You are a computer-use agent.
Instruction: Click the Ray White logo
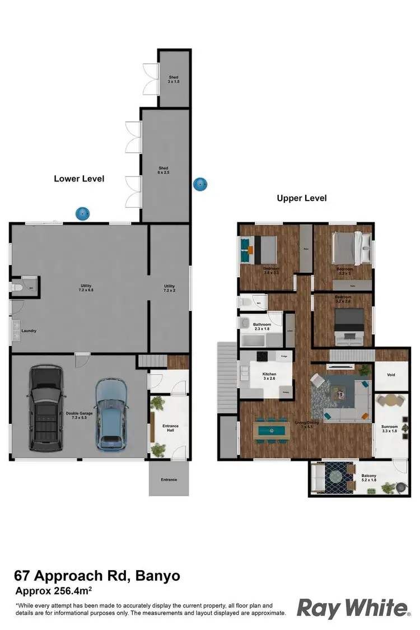coord(353,608)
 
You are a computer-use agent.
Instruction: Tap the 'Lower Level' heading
coord(79,179)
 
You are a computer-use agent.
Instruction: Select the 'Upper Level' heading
coord(302,198)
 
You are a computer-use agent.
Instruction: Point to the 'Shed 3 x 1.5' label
coord(174,80)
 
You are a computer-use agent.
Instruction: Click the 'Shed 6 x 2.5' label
coord(164,170)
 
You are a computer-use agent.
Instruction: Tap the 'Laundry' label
coord(29,331)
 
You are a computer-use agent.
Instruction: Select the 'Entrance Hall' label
coord(170,429)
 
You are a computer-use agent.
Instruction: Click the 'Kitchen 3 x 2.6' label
coord(269,376)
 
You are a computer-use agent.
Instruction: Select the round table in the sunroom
coord(388,402)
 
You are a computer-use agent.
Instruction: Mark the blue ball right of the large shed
coord(200,184)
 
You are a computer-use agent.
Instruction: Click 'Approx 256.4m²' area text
coord(54,591)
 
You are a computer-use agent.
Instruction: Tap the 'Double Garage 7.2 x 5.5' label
coord(79,416)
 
